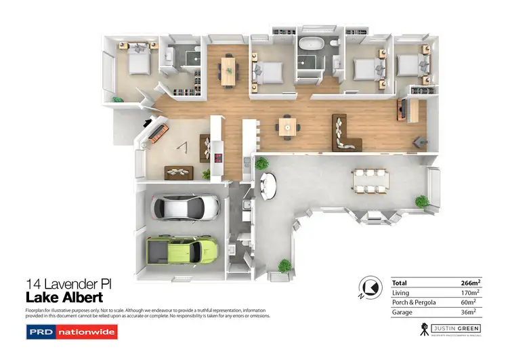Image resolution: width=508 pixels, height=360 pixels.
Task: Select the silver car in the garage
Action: pyautogui.click(x=185, y=206)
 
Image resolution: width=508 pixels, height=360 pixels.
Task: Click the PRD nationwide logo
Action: pyautogui.click(x=71, y=332)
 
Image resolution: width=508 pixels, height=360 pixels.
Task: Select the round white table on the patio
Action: pyautogui.click(x=269, y=184)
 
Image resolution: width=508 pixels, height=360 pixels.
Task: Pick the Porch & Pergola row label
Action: pyautogui.click(x=415, y=302)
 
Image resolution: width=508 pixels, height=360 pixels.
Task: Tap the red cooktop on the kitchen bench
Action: pyautogui.click(x=218, y=159)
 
